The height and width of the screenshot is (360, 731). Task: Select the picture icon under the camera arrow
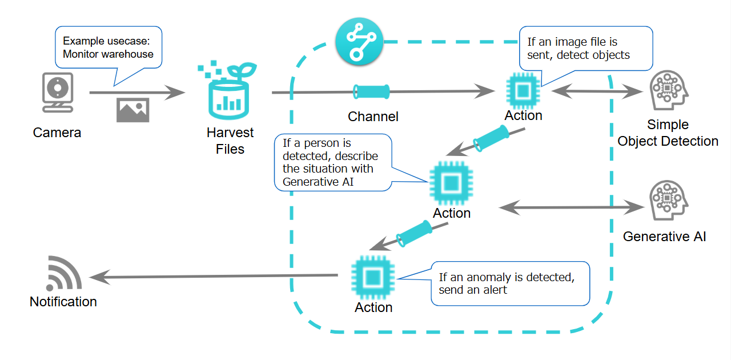coord(132,110)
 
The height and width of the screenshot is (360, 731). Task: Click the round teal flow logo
coord(358,42)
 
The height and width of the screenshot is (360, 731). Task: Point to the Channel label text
coord(373,117)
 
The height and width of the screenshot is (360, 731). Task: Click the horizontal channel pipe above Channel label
coord(371,90)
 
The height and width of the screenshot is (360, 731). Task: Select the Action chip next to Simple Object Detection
coord(523,90)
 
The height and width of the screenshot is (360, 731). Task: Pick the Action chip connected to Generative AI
coord(451,183)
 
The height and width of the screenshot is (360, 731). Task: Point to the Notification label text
coord(63,302)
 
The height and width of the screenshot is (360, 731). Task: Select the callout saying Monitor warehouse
coord(109,48)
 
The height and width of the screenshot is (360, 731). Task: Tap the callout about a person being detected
coord(332,162)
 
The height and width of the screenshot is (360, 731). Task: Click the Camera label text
coord(57,133)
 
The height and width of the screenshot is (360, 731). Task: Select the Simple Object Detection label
coord(668,133)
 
